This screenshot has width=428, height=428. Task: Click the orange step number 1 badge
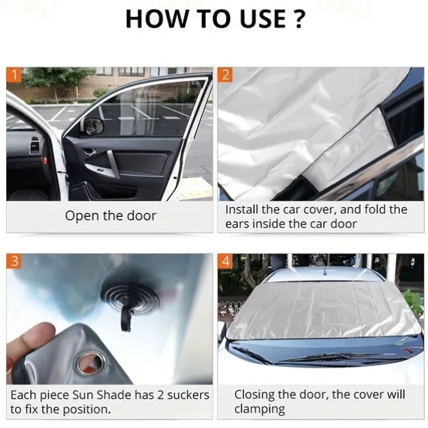[x=14, y=74]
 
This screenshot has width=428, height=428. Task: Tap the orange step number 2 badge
[x=225, y=74]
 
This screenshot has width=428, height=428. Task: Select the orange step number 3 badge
[x=14, y=261]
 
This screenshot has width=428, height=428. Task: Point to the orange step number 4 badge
[x=225, y=261]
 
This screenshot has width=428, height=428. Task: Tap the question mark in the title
[x=299, y=18]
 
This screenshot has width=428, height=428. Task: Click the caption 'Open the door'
[x=111, y=216]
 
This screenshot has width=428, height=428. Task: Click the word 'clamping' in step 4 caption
[x=260, y=409]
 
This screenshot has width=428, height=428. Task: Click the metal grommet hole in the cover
[x=90, y=362]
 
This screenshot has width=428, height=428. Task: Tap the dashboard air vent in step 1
[x=34, y=145]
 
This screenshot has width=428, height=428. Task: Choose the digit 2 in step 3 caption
[x=160, y=395]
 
